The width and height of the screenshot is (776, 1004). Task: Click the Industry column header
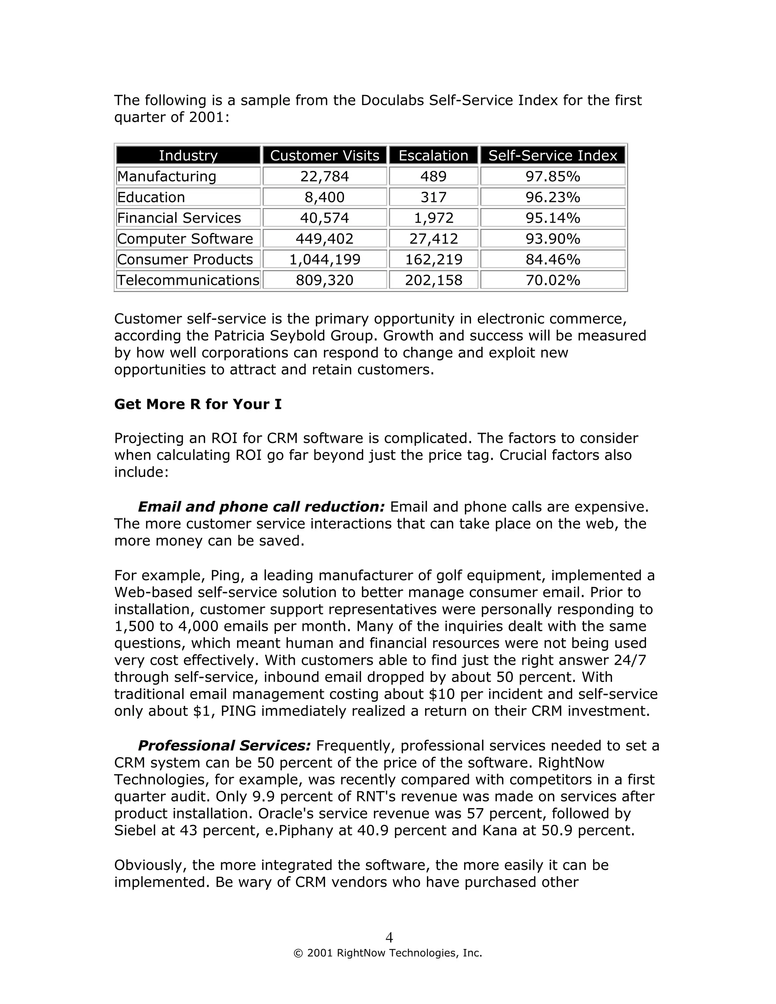(188, 155)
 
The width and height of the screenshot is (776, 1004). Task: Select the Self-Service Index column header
(552, 155)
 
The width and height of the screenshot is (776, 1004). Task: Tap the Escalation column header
(433, 155)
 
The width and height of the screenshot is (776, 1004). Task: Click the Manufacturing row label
(166, 177)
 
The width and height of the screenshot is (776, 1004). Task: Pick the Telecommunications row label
(188, 280)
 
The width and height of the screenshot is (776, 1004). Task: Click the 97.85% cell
(552, 177)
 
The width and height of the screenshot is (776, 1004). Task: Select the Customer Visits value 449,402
(325, 239)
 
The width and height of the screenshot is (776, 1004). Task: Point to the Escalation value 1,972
(433, 218)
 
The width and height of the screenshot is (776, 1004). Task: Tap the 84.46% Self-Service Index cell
(552, 259)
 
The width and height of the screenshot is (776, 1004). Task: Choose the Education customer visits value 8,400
(325, 197)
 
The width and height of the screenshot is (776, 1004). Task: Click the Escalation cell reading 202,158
(433, 280)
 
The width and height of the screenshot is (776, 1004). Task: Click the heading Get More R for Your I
(198, 404)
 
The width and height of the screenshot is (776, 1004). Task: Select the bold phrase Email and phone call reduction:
(261, 507)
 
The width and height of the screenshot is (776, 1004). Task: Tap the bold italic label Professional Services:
(224, 745)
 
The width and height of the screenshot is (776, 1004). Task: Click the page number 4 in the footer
(389, 937)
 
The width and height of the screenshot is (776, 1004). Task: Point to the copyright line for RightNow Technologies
(388, 953)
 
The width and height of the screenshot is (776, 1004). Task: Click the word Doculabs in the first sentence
(392, 100)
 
